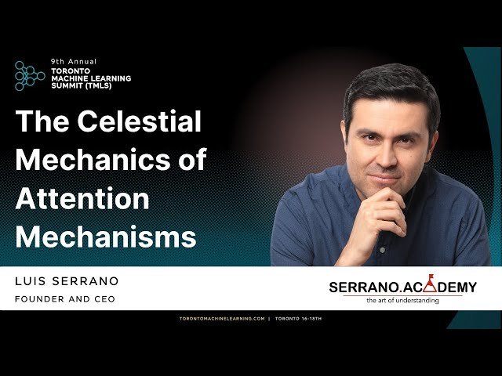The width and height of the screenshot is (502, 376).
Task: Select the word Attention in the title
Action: coord(82,198)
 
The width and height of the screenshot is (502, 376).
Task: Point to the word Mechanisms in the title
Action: coord(106,236)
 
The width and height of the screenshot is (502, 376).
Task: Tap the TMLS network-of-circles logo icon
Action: coord(30,75)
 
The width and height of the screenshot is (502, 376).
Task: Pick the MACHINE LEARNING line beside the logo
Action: coord(90,78)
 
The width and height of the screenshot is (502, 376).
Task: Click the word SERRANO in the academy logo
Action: coord(362,287)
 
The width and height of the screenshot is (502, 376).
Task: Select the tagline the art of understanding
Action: coord(402,300)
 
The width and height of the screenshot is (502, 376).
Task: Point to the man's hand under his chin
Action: coord(382,208)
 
